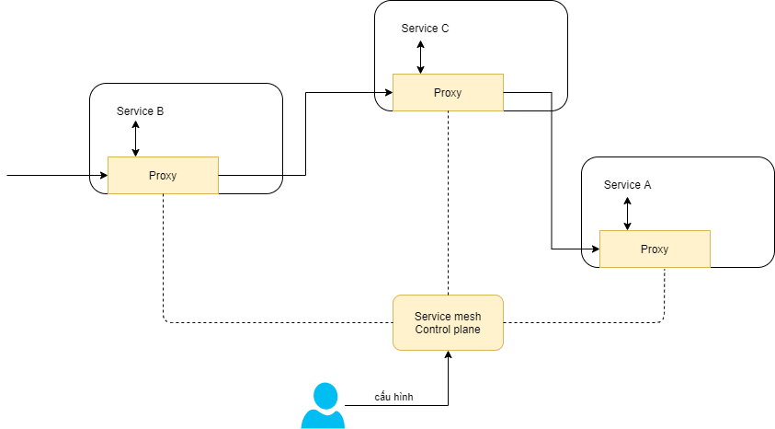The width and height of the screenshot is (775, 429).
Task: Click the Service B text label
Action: [x=140, y=111]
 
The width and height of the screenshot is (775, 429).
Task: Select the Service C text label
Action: [x=425, y=29]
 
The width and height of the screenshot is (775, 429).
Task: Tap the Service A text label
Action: [x=627, y=185]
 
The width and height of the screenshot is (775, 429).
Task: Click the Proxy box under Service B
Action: [x=163, y=175]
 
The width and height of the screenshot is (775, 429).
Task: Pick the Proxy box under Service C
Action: [x=448, y=92]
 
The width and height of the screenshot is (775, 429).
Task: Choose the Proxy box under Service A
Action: [x=655, y=249]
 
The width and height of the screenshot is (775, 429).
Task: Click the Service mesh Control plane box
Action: [x=448, y=322]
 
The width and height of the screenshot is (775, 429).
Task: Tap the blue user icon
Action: [x=323, y=406]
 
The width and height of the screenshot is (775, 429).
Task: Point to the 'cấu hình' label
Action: [x=393, y=397]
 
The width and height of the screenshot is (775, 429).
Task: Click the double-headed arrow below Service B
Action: [x=135, y=138]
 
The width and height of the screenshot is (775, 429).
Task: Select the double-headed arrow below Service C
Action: [x=420, y=55]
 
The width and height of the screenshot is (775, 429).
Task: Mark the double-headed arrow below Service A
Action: [x=627, y=212]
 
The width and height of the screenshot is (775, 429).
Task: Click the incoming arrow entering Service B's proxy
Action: [x=55, y=174]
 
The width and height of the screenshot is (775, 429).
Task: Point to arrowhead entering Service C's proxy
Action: [x=387, y=92]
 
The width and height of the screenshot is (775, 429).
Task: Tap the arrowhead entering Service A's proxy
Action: [x=594, y=249]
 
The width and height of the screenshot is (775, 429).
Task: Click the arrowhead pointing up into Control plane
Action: [x=448, y=355]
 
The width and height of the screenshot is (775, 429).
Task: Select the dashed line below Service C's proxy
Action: [x=448, y=203]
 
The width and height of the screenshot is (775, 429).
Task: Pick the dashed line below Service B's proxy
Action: [x=163, y=258]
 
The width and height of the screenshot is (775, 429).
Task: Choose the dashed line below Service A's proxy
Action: [x=664, y=295]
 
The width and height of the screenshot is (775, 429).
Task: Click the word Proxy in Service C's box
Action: [x=448, y=93]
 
